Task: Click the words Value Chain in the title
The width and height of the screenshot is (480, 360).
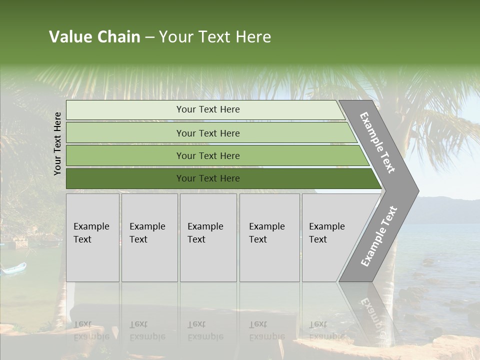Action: pyautogui.click(x=94, y=37)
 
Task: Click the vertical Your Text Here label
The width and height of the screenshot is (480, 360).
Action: pyautogui.click(x=57, y=143)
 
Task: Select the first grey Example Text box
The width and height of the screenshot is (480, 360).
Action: pyautogui.click(x=92, y=237)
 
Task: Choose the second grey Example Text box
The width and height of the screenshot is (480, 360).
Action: pyautogui.click(x=149, y=237)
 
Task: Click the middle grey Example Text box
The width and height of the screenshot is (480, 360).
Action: pyautogui.click(x=208, y=237)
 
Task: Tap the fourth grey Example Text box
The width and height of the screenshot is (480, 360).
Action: pyautogui.click(x=269, y=237)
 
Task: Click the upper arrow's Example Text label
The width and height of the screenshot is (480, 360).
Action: pyautogui.click(x=377, y=142)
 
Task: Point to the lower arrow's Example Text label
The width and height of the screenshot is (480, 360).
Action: pyautogui.click(x=379, y=236)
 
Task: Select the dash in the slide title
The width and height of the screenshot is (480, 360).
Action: pyautogui.click(x=149, y=37)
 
